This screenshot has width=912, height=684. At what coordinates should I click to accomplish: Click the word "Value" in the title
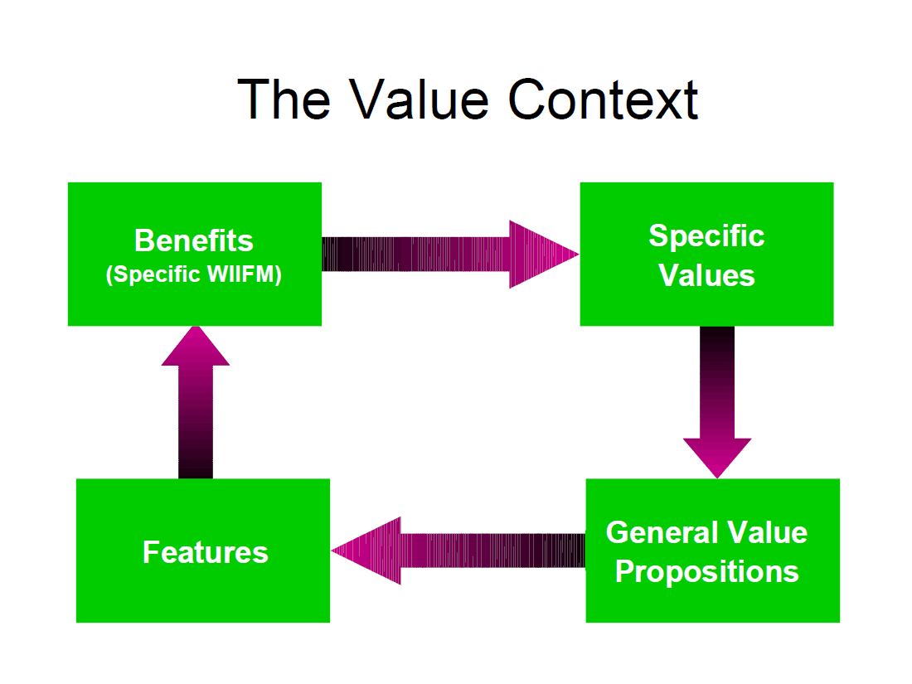coord(418,99)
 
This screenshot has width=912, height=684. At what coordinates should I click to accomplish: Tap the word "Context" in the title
coord(603,99)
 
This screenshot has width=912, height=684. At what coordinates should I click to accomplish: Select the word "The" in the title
coord(284,99)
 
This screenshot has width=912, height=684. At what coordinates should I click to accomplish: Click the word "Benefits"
coord(194,240)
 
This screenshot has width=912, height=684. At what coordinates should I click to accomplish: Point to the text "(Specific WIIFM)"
coord(194,274)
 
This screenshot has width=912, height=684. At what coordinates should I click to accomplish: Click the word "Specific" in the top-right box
coord(706,236)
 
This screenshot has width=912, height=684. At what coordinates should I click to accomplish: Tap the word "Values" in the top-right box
coord(706,275)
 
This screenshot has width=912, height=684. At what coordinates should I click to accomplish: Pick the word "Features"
coord(206,552)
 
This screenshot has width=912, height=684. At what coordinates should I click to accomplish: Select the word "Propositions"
coord(706,571)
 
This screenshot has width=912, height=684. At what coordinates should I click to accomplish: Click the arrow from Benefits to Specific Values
coord(450,255)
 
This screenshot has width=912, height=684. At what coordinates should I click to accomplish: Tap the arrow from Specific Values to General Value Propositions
coord(717,402)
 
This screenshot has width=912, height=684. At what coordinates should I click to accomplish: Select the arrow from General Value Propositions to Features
coord(458,551)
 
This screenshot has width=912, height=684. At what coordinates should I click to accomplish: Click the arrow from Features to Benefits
coord(196,402)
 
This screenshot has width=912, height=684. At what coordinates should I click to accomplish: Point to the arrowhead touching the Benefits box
coord(196,346)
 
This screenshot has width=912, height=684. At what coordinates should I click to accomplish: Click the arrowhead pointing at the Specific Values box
coord(544,255)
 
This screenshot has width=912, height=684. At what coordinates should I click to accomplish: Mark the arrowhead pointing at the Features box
coord(366,551)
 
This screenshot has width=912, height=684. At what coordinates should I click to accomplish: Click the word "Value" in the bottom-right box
coord(768,532)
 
